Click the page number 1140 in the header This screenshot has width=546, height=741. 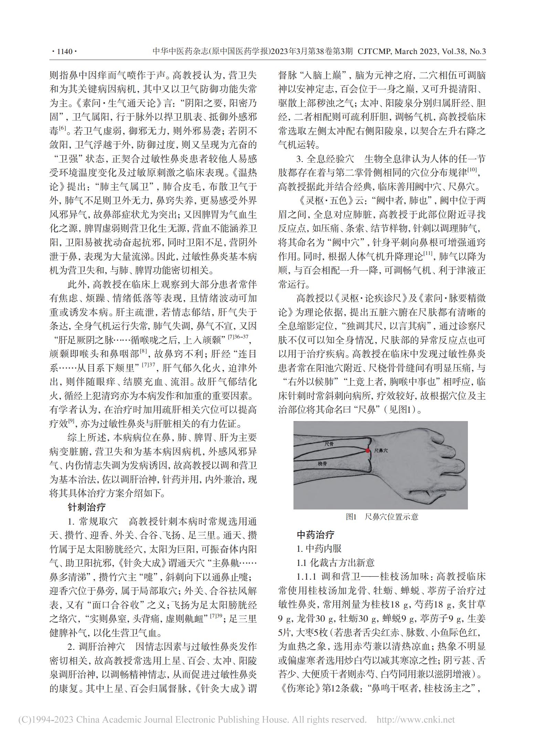(64, 52)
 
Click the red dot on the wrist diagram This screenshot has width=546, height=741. (368, 451)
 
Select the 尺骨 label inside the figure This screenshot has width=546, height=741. (329, 444)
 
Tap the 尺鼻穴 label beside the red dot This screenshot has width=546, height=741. (381, 450)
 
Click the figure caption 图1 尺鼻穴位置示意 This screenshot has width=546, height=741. (382, 517)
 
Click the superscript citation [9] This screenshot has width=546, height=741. (72, 421)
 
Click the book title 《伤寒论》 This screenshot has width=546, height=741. (298, 689)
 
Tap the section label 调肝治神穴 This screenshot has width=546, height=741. (102, 647)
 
